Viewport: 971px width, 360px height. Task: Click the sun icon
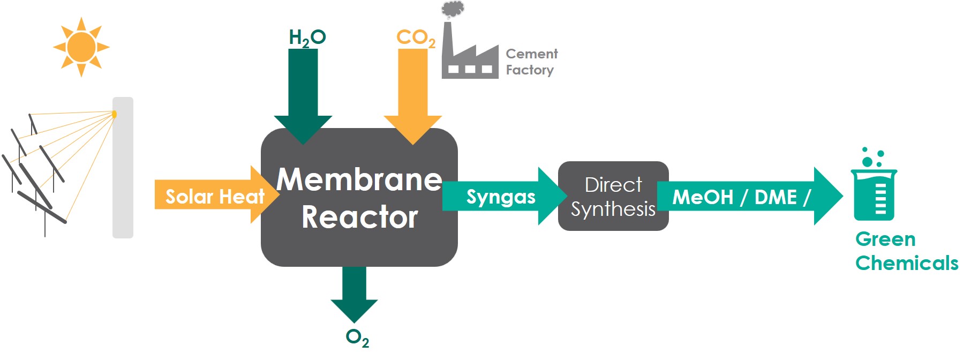(x=81, y=47)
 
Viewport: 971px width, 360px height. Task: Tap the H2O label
(x=307, y=37)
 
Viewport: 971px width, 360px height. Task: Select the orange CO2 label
(x=416, y=38)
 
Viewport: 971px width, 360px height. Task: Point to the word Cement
(x=531, y=54)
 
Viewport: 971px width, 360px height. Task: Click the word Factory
(x=530, y=70)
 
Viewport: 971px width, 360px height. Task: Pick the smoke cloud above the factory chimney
(x=453, y=9)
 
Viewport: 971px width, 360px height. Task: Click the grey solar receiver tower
(x=123, y=171)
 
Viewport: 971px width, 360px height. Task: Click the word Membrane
(x=359, y=179)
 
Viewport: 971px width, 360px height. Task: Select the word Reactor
(x=359, y=217)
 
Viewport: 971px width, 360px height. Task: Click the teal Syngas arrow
(x=501, y=197)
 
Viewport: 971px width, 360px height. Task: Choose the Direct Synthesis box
(x=613, y=196)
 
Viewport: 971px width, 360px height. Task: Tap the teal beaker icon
(x=874, y=193)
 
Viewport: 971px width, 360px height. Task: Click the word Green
(x=885, y=239)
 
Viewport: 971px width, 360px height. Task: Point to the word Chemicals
(x=907, y=263)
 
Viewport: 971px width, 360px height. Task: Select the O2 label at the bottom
(x=357, y=337)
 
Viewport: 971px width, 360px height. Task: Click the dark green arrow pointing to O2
(x=354, y=292)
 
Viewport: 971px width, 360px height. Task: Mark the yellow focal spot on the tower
(x=114, y=114)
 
